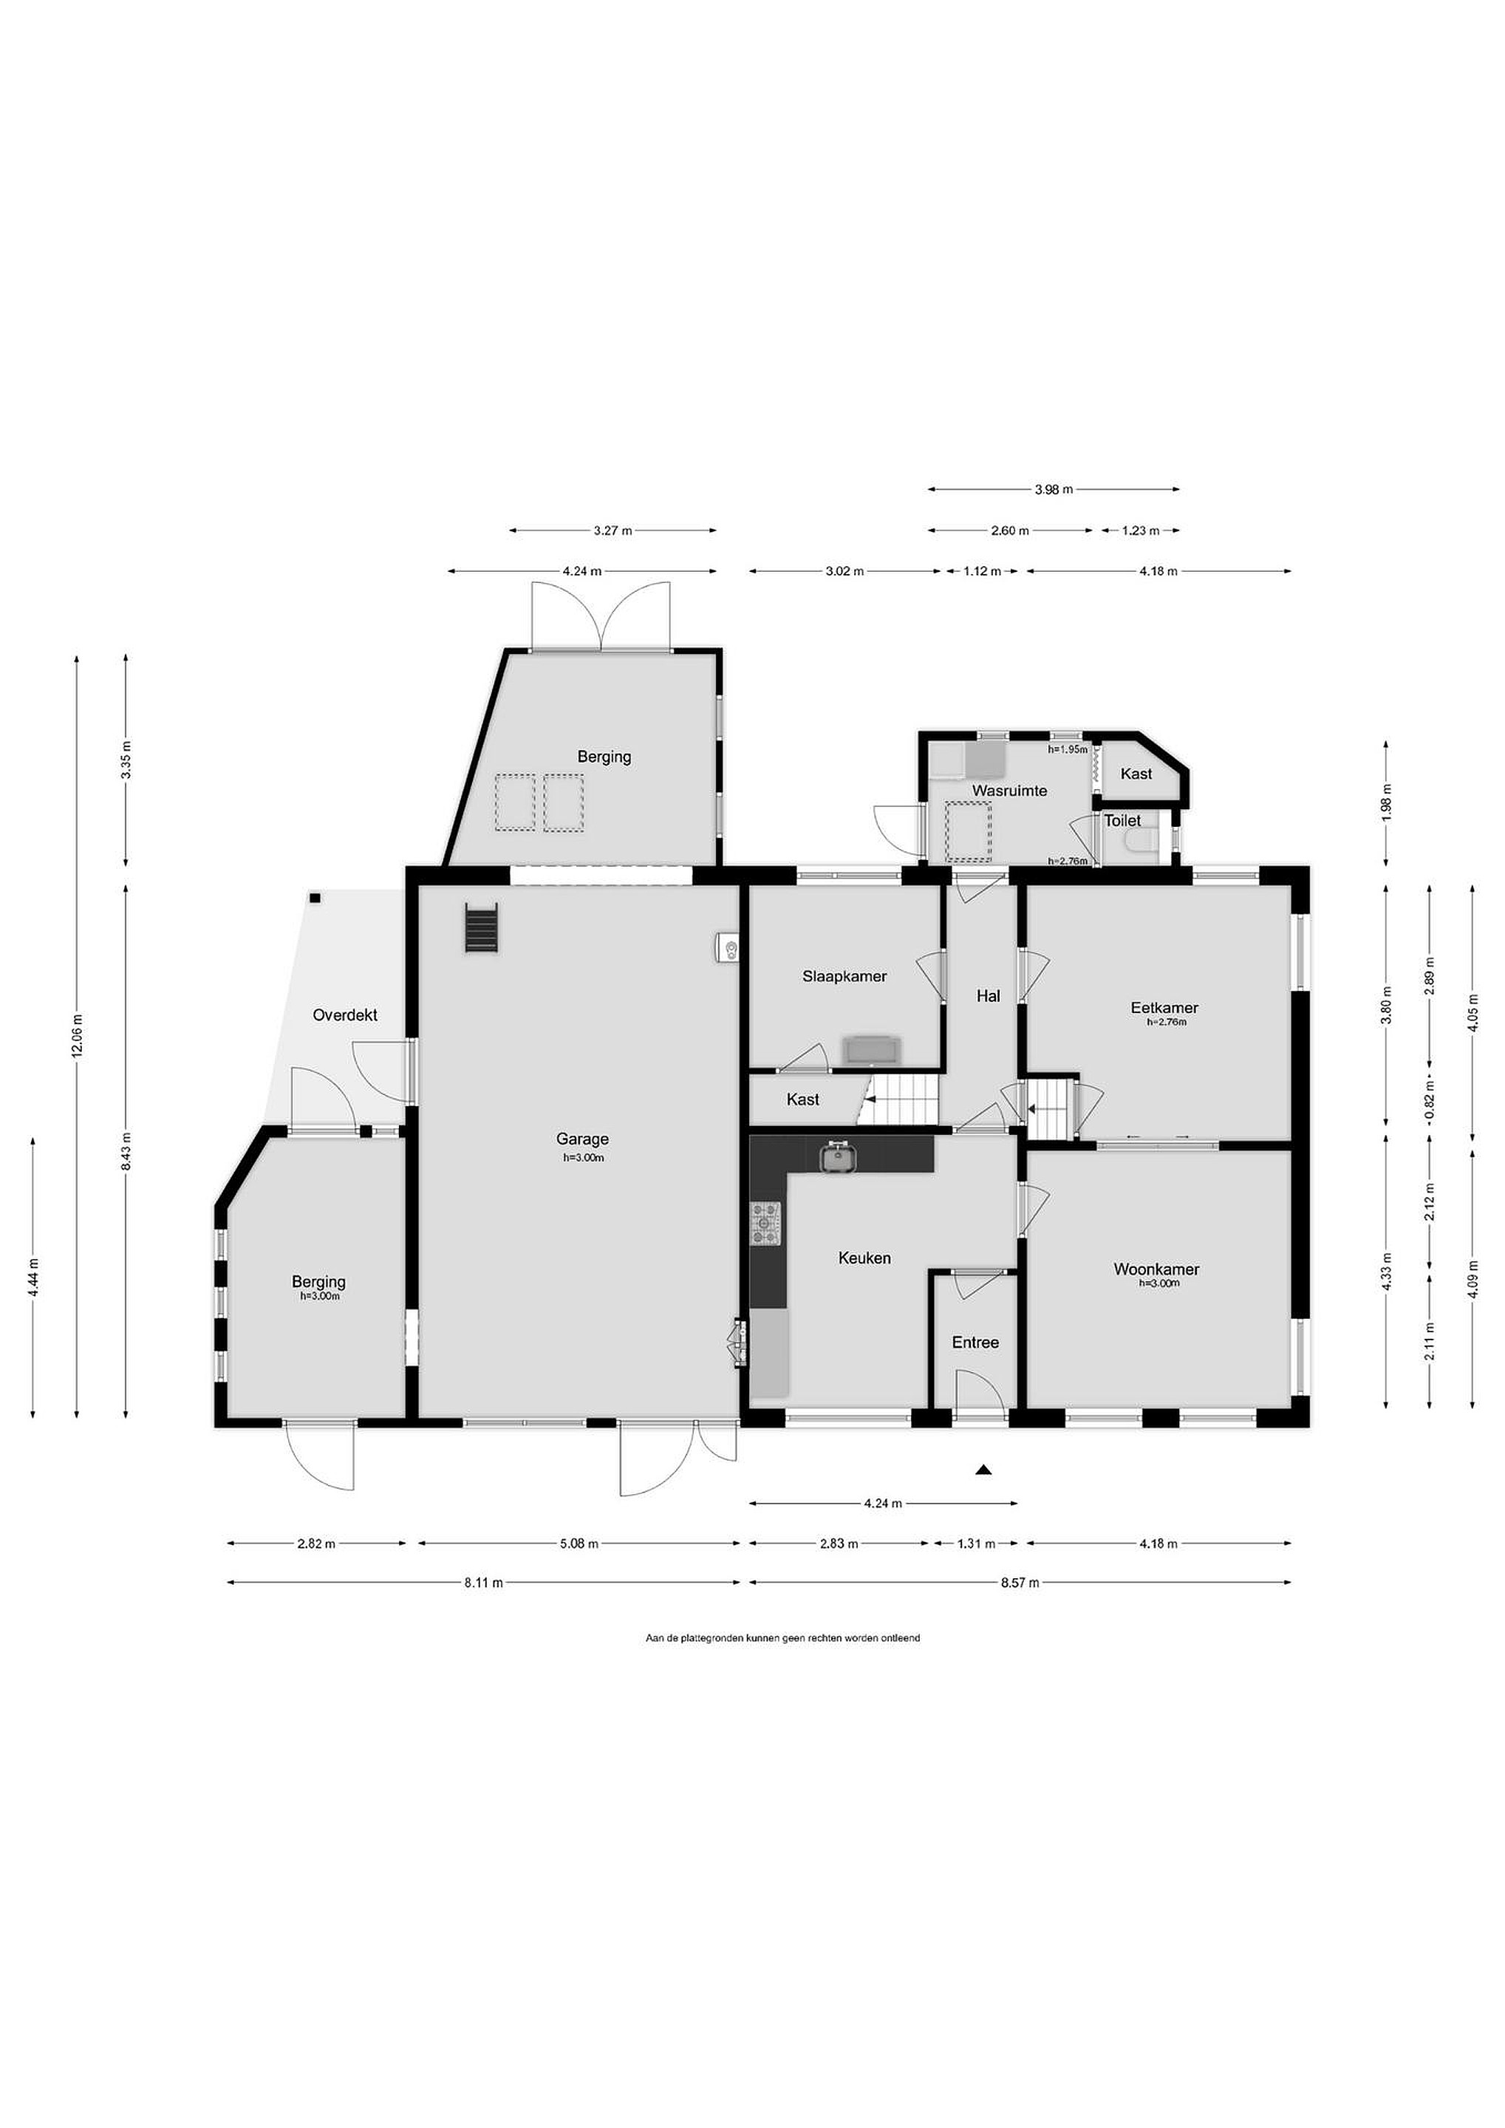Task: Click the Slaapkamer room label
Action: tap(844, 976)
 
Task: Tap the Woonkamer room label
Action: tap(1156, 1269)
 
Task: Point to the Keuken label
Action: tap(864, 1258)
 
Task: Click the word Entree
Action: tap(976, 1342)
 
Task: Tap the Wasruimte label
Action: tap(1009, 791)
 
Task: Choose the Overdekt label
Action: tap(345, 1015)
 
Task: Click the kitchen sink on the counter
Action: tap(839, 1156)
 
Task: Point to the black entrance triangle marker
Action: tap(983, 1469)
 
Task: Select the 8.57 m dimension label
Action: tap(1020, 1582)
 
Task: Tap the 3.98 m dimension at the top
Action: tap(1053, 489)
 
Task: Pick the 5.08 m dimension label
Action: tap(579, 1544)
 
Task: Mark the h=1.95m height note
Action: tap(1068, 749)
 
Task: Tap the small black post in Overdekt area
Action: tap(315, 898)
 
